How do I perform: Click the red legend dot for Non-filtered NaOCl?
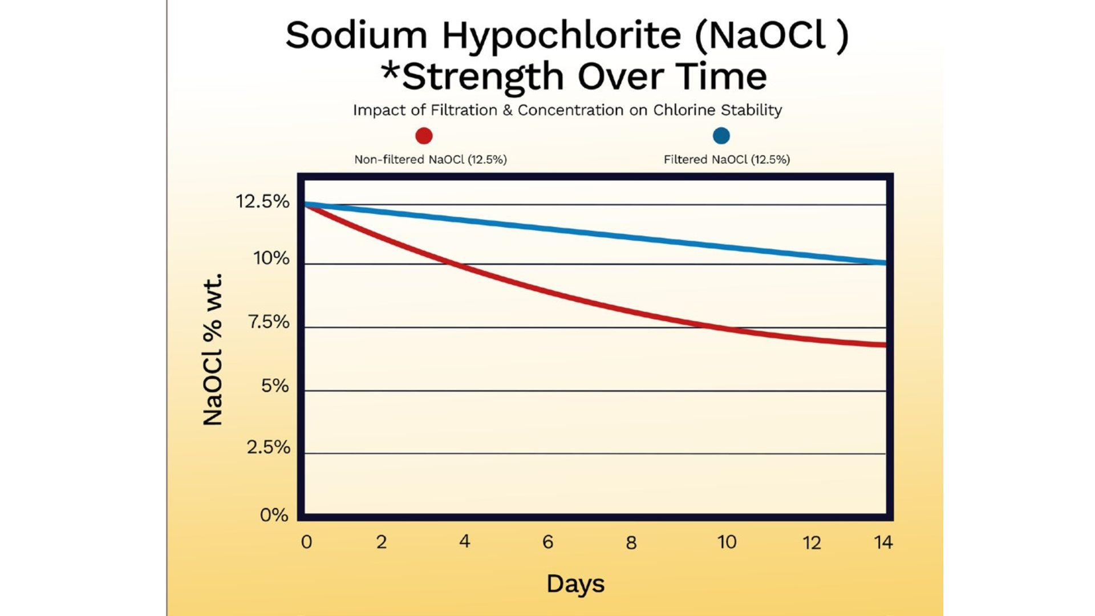(x=424, y=136)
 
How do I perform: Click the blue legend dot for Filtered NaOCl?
(x=721, y=136)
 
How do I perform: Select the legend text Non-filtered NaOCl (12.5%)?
(x=431, y=160)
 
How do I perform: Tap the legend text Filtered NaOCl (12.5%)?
(x=727, y=160)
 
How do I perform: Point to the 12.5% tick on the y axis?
(x=262, y=201)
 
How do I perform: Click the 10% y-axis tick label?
(x=271, y=258)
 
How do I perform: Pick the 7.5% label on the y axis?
(x=269, y=322)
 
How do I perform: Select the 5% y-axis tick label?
(x=275, y=386)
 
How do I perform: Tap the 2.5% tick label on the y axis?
(x=268, y=447)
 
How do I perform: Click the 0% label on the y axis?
(x=274, y=515)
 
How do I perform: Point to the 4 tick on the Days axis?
(x=465, y=541)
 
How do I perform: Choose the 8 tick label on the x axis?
(x=631, y=542)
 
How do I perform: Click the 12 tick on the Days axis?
(x=812, y=542)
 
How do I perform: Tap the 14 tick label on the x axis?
(x=883, y=542)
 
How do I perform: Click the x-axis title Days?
(x=575, y=584)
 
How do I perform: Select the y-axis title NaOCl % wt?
(x=213, y=350)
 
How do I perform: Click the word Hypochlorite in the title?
(x=561, y=35)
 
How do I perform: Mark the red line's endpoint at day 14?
(x=885, y=345)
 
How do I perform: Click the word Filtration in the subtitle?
(x=464, y=110)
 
